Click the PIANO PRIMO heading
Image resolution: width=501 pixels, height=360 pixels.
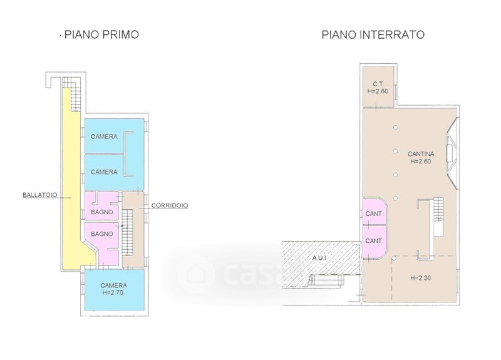(x=101, y=34)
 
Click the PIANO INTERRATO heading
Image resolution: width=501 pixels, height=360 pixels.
(x=373, y=34)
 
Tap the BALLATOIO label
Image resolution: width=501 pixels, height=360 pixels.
(x=40, y=195)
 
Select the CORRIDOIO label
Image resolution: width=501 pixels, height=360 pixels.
(x=170, y=205)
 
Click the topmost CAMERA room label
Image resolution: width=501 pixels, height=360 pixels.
(x=104, y=136)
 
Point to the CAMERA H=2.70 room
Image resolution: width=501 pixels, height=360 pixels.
(x=114, y=290)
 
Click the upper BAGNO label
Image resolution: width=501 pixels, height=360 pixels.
(x=102, y=212)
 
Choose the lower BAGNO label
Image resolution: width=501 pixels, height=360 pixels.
(x=102, y=234)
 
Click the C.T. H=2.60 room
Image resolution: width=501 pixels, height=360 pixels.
(x=378, y=86)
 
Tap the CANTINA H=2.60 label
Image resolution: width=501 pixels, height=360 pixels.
(x=421, y=158)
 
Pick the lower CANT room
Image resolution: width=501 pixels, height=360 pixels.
(x=374, y=241)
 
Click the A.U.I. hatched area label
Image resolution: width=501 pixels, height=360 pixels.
(x=320, y=258)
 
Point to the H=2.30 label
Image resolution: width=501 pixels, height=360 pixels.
(x=420, y=278)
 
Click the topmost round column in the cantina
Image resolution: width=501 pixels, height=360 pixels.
(x=396, y=128)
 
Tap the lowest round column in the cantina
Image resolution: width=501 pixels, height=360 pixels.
(x=396, y=198)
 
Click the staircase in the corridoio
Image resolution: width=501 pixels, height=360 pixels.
(x=128, y=232)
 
